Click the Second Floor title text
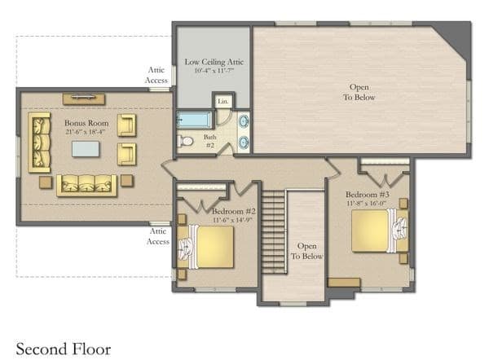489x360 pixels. coord(64,349)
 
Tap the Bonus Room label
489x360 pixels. coord(86,123)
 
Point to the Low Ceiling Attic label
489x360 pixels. coord(214,62)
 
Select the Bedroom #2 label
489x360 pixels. coord(234,211)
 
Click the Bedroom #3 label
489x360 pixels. coord(368,195)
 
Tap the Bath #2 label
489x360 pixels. coord(210,141)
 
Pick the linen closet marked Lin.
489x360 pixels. coord(223,101)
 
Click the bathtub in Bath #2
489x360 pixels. coord(194,120)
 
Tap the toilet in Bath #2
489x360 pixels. coord(185,141)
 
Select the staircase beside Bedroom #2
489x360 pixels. coord(274,232)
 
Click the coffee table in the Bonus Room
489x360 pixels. coord(86,149)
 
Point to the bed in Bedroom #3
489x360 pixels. coord(380,230)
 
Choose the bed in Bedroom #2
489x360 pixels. coord(205,247)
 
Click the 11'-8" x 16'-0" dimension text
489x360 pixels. coord(367,204)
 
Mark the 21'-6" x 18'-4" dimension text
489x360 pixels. coord(85,131)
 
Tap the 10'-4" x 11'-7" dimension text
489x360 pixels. coord(214,70)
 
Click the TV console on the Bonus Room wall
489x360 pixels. coord(84,99)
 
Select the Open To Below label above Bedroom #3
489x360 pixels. coord(359,92)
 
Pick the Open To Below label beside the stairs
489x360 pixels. coord(307,251)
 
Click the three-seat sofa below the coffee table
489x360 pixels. coord(86,186)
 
